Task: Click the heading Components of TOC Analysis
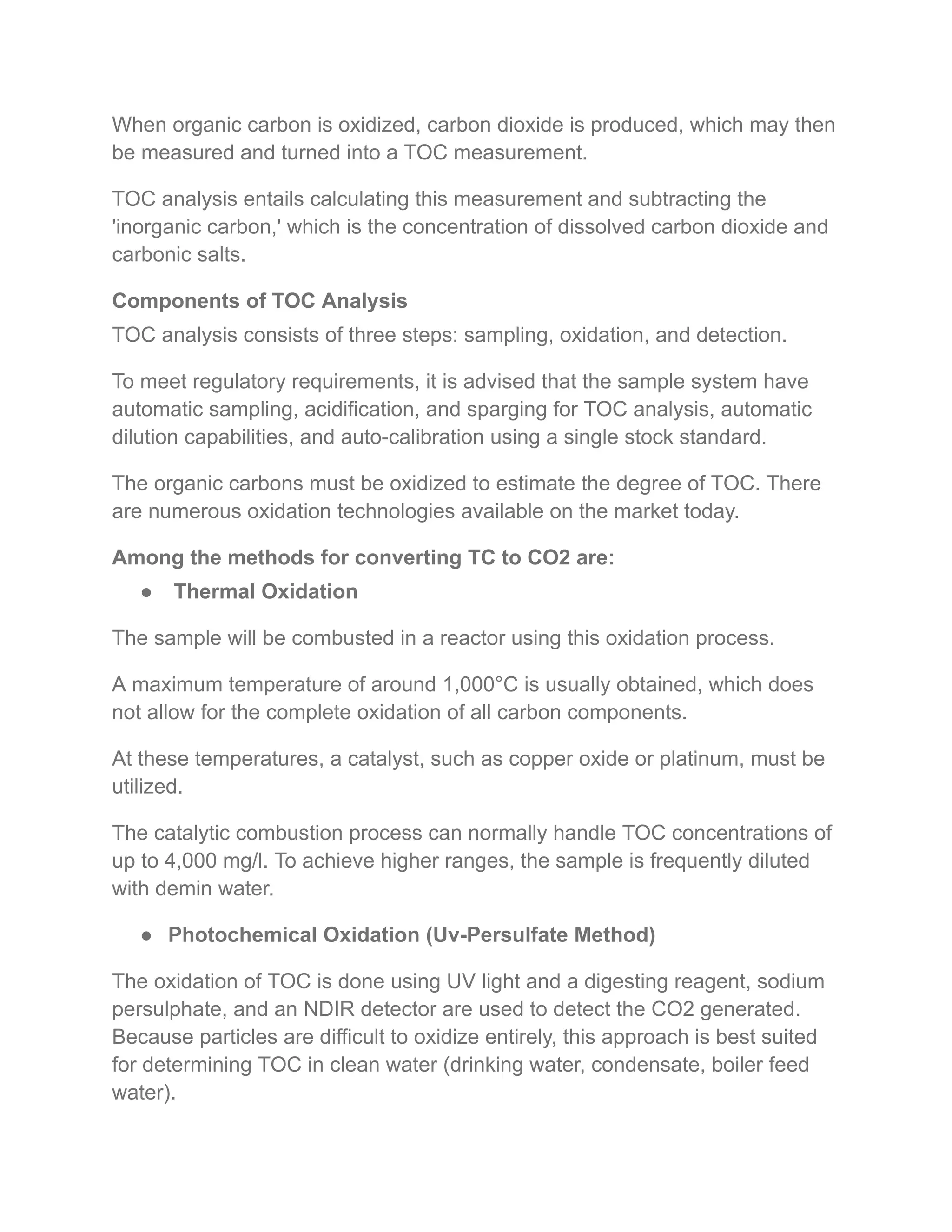click(259, 301)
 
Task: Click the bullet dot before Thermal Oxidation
click(146, 592)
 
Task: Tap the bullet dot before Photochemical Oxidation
click(146, 935)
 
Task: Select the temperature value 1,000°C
click(481, 684)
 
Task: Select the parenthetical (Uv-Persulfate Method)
click(540, 935)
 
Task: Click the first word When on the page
click(139, 125)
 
